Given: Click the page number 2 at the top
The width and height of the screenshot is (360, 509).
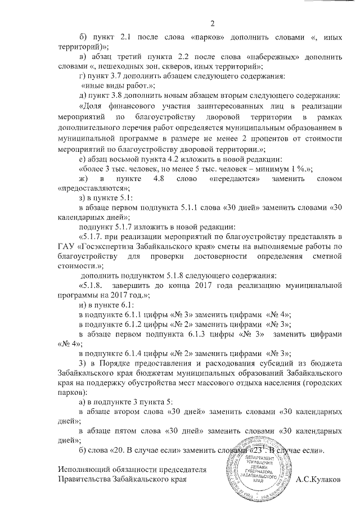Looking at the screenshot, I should coord(213,23).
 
